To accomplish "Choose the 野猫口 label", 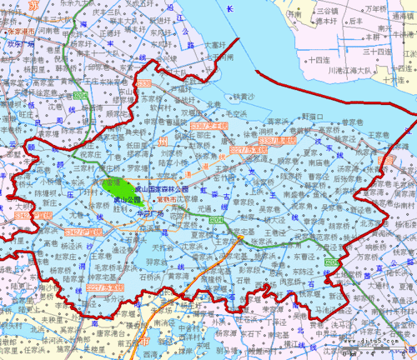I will coord(312,116).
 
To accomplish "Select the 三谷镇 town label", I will coord(326,12).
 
